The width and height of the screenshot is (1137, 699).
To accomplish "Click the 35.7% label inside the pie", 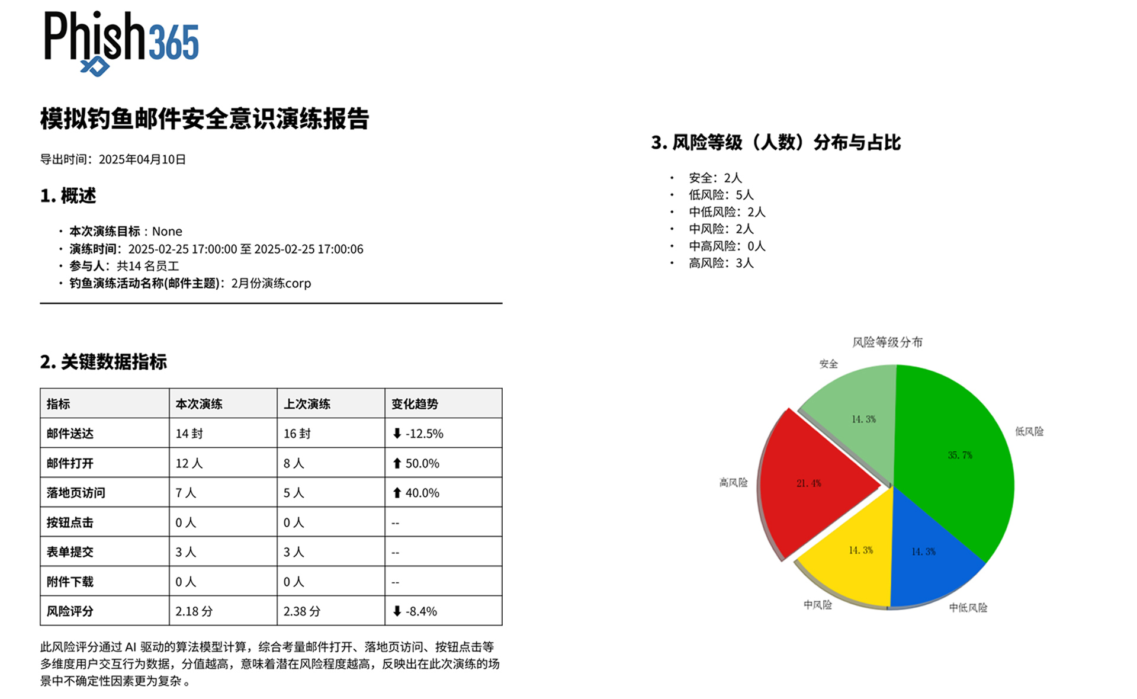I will pos(960,455).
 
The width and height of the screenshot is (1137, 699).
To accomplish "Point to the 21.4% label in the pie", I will pos(808,483).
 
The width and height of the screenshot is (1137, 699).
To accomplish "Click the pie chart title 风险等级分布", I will pos(887,342).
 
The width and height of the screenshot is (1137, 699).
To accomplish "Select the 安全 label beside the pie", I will pos(828,364).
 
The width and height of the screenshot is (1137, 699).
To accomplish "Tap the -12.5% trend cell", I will pos(418,434).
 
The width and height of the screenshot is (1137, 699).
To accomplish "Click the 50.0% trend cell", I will pos(416,463).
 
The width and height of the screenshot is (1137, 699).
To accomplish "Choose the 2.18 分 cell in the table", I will pos(194,611).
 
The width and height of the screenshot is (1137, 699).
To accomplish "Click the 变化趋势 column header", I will pos(415,404).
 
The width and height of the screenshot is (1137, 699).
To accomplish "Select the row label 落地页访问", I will pos(76,493).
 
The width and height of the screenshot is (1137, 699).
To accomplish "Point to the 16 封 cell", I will pos(297,434).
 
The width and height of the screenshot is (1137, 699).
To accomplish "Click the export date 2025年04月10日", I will pos(142,159).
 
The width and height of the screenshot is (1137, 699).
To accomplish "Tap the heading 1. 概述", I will pos(68,196).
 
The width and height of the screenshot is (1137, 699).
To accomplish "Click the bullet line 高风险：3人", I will pos(721,263).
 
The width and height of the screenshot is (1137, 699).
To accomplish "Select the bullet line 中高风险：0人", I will pos(727,246).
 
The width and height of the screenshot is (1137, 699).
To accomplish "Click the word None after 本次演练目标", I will pos(167,232).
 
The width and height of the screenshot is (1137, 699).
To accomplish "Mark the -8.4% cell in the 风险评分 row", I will pos(415,611).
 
